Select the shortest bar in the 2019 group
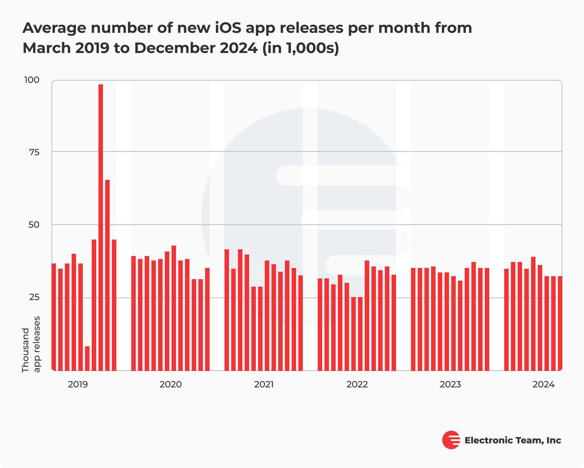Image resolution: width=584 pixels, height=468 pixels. click(87, 358)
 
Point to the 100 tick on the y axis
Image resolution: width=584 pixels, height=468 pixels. click(31, 80)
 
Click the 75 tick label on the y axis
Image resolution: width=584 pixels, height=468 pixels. click(34, 152)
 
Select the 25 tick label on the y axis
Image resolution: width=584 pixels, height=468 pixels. click(34, 297)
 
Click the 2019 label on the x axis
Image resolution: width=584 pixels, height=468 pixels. click(78, 384)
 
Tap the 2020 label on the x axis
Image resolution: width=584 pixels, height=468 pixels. click(170, 384)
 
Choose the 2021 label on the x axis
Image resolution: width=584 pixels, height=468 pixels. click(264, 384)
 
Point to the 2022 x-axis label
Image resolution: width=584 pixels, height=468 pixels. click(357, 384)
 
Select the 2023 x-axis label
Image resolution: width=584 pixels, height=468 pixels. click(450, 384)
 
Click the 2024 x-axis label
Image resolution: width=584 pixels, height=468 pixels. click(543, 384)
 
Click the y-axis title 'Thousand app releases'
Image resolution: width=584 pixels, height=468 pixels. click(31, 344)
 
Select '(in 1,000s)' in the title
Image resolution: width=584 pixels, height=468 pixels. click(301, 48)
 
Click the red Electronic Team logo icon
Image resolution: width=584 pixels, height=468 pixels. click(451, 440)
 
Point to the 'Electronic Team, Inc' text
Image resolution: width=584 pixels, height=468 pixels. click(512, 440)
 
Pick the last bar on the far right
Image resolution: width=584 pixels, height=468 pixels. click(560, 323)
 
